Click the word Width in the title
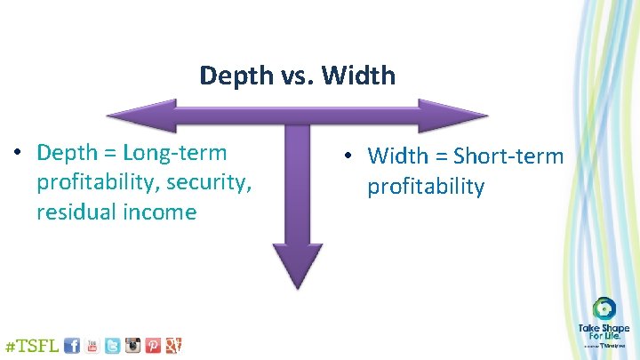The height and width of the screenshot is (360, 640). coord(360,76)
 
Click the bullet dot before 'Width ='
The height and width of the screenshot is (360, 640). coord(351,156)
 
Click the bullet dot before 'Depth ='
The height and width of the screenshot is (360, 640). coord(19,153)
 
